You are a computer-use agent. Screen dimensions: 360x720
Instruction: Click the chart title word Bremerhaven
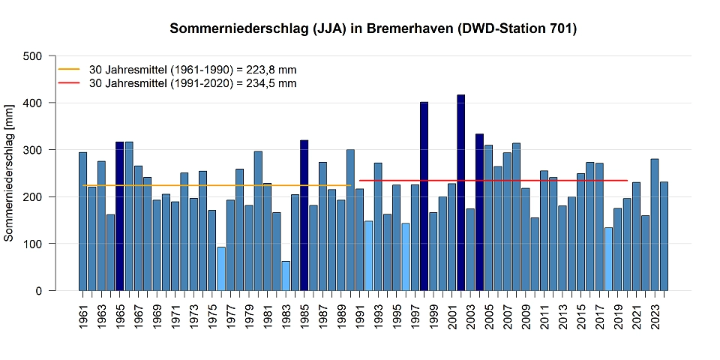404,29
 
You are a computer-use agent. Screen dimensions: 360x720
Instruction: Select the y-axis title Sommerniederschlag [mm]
9,172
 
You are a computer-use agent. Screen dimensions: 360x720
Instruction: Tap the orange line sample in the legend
68,69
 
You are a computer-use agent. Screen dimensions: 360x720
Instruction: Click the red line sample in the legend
68,83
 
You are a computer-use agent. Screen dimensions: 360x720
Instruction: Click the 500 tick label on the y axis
32,56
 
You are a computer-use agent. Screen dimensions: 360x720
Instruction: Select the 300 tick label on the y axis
32,150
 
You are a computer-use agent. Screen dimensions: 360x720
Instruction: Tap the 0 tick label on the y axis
38,291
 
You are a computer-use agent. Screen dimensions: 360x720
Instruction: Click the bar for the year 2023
655,225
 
